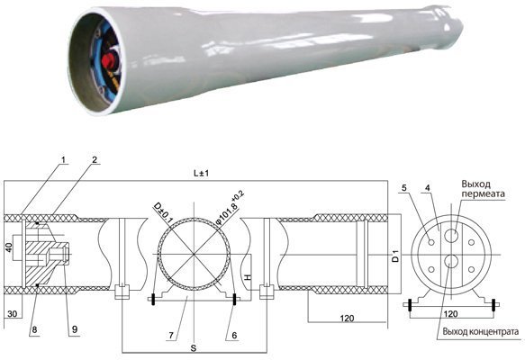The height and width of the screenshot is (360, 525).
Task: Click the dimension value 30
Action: tap(13, 313)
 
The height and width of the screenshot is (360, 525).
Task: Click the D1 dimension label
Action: tap(395, 258)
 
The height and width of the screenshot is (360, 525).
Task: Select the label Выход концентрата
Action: tap(476, 332)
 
